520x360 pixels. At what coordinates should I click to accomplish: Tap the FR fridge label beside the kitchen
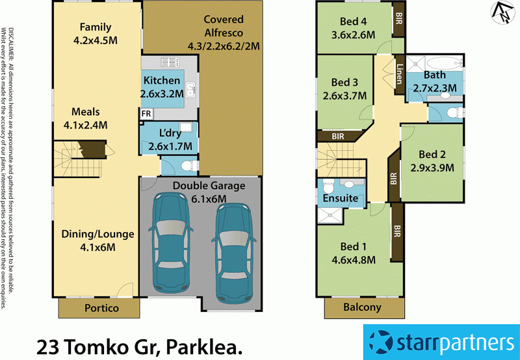[x=146, y=113]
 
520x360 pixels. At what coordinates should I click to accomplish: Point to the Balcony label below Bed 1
[x=362, y=307]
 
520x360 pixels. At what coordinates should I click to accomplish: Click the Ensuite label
[x=341, y=198]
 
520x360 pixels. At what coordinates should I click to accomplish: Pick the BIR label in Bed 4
[x=398, y=19]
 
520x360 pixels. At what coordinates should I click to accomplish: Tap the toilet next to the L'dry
[x=188, y=166]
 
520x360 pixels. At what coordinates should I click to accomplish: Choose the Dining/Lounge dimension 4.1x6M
[x=97, y=247]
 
